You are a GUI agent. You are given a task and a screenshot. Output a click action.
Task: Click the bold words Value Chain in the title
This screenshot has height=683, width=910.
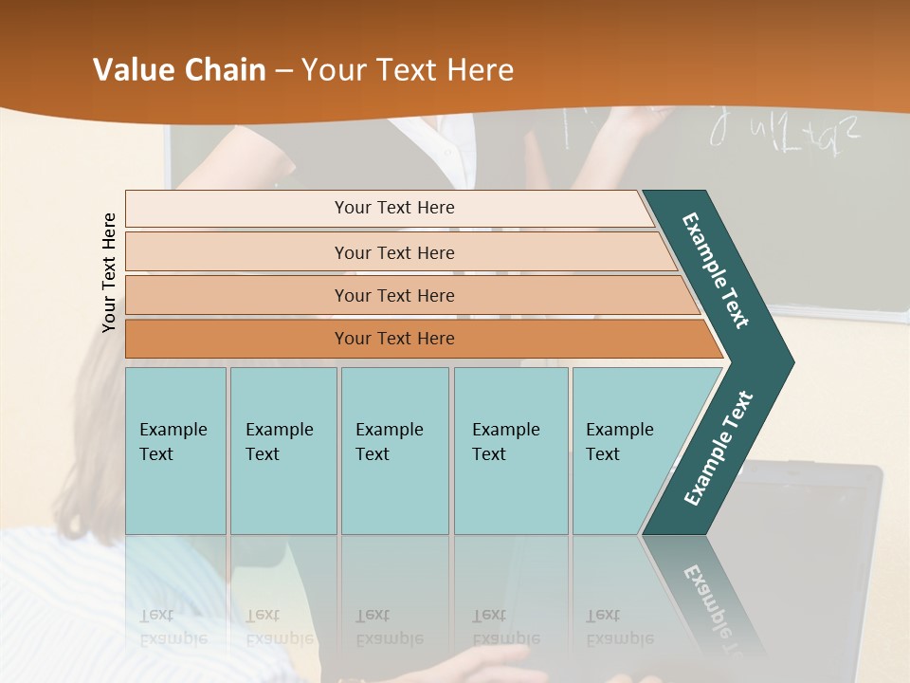click(179, 70)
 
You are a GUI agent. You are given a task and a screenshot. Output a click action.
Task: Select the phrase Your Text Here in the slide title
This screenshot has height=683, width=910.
click(408, 70)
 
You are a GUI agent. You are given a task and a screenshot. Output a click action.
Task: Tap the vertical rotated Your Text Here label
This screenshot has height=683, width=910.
click(110, 272)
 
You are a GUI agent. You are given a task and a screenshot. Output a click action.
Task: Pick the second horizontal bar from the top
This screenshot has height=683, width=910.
click(393, 252)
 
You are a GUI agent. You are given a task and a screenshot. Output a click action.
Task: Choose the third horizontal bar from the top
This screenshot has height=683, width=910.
click(393, 295)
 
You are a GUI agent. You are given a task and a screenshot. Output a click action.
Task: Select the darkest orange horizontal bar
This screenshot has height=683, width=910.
click(393, 339)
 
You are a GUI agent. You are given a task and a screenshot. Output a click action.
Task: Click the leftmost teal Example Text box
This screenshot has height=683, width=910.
click(175, 451)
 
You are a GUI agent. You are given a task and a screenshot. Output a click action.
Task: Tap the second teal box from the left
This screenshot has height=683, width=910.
click(282, 451)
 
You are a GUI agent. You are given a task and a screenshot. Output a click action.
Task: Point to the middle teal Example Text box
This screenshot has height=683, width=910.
click(394, 451)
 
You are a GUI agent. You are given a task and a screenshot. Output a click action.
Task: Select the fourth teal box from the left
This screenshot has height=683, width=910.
click(510, 451)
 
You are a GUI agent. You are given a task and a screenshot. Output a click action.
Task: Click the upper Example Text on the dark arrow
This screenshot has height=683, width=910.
click(716, 270)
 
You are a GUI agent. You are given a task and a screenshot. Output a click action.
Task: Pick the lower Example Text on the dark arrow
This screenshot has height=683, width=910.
click(718, 449)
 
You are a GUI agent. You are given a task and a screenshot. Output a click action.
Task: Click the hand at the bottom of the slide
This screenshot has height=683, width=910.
click(493, 664)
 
